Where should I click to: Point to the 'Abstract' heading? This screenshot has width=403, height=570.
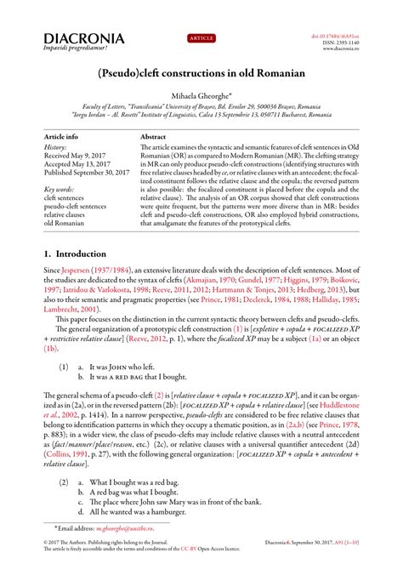pyautogui.click(x=153, y=136)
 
